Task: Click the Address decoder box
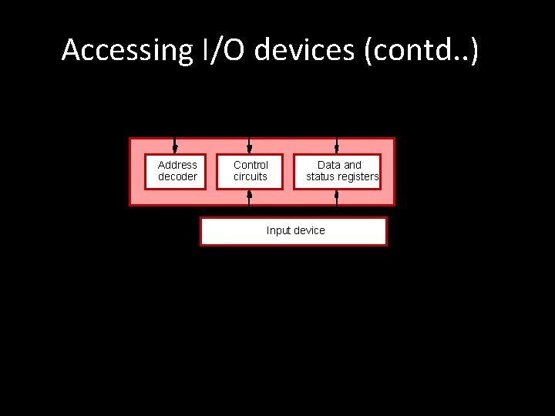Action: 177,171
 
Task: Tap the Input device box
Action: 294,231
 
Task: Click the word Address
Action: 177,165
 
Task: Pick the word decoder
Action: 177,177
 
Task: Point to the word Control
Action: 251,165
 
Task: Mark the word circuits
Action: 251,177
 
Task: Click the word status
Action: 322,177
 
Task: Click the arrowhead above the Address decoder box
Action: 175,148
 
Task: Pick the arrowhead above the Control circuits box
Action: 249,148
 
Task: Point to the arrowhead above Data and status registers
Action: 337,148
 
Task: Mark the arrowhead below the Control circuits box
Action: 249,194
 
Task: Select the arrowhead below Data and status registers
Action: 337,194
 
